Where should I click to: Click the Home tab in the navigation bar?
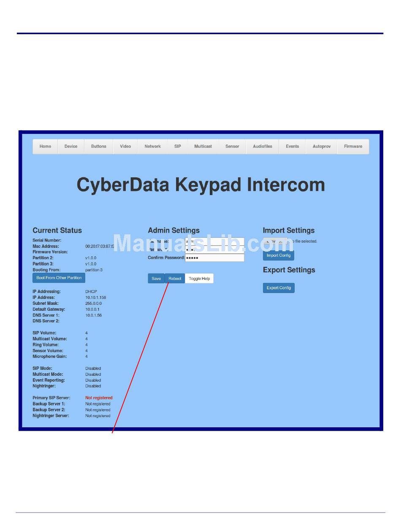pyautogui.click(x=45, y=147)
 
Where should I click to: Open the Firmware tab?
pyautogui.click(x=353, y=147)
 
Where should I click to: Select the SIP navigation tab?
pyautogui.click(x=177, y=147)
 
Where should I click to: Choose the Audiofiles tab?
pyautogui.click(x=263, y=147)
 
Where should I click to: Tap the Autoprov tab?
pyautogui.click(x=322, y=147)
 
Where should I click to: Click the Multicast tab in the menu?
pyautogui.click(x=203, y=147)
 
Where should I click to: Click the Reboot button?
pyautogui.click(x=175, y=279)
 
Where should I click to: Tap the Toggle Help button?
pyautogui.click(x=199, y=279)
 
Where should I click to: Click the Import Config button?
pyautogui.click(x=279, y=255)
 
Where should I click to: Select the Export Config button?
pyautogui.click(x=279, y=288)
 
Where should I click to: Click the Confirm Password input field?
pyautogui.click(x=214, y=258)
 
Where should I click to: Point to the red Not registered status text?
pyautogui.click(x=99, y=398)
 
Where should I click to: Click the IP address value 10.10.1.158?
pyautogui.click(x=95, y=298)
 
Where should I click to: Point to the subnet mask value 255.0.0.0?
pyautogui.click(x=93, y=304)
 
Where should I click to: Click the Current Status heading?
pyautogui.click(x=57, y=231)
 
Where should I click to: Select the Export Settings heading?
pyautogui.click(x=289, y=270)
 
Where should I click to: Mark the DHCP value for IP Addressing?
pyautogui.click(x=91, y=292)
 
